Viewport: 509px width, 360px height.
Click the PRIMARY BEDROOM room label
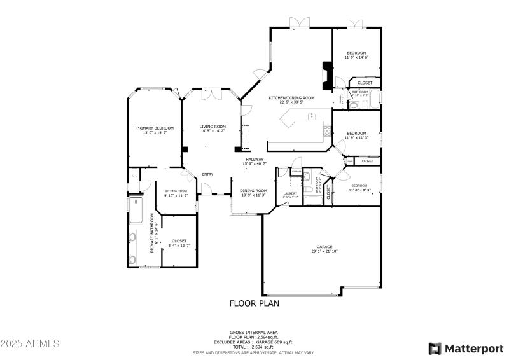155,128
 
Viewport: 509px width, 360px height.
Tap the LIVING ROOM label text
213,126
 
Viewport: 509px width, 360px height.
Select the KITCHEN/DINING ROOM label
291,98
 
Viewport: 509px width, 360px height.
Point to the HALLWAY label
254,159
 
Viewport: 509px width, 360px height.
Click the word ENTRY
207,174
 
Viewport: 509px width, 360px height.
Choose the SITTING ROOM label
176,191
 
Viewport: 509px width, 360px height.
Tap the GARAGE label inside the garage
324,246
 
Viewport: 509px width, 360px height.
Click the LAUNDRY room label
290,193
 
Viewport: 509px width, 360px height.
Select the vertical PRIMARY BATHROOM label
153,237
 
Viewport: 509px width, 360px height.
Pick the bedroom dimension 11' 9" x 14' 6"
356,57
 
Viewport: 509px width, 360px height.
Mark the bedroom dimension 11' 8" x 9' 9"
359,190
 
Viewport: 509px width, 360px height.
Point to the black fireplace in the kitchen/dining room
326,77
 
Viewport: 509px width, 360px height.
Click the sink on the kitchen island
312,116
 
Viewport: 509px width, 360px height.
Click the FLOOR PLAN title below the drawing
254,303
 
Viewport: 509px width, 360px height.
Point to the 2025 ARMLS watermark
30,343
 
